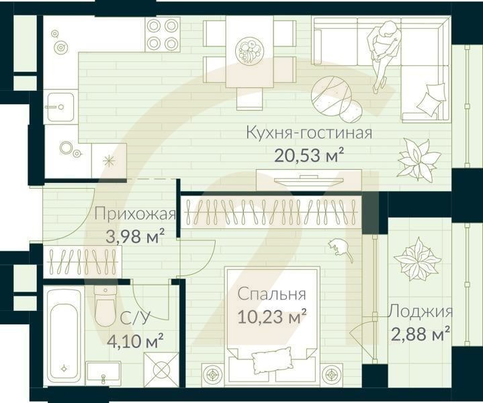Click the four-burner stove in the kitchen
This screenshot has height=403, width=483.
click(162, 34)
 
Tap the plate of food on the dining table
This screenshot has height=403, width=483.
click(249, 50)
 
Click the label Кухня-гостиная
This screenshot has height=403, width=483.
click(309, 132)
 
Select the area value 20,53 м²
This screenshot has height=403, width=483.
click(309, 156)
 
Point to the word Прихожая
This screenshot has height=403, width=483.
click(134, 215)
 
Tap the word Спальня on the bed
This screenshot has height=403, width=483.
click(273, 294)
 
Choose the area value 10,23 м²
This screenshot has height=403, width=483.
click(273, 316)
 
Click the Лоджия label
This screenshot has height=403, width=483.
click(420, 312)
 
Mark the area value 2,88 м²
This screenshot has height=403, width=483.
click(420, 333)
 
